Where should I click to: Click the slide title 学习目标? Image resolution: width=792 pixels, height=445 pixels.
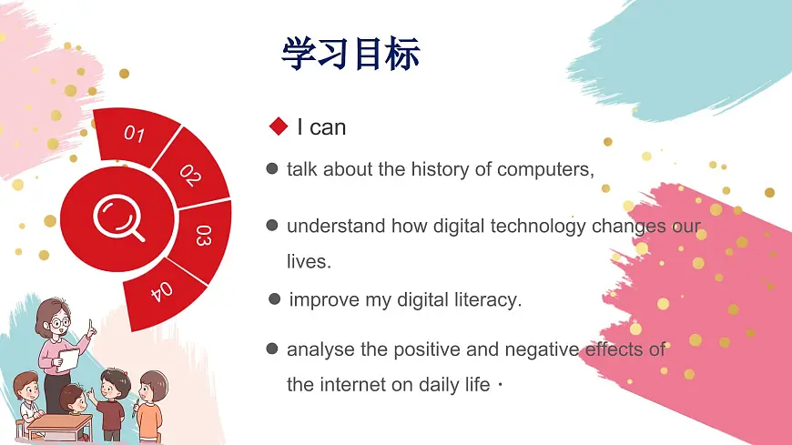coord(350,54)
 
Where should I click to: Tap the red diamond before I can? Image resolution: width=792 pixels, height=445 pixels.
coord(279,126)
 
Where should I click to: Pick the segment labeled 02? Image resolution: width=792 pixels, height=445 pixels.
coord(190,174)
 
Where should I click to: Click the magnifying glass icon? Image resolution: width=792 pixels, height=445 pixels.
coord(119,219)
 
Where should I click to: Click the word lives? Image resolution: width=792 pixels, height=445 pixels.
coord(308,261)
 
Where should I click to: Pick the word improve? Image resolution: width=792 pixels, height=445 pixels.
coord(320,299)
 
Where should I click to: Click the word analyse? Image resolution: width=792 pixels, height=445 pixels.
coord(316,349)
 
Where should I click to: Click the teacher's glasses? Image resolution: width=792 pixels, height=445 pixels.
coord(59,322)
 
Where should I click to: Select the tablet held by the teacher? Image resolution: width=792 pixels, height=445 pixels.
coord(66,360)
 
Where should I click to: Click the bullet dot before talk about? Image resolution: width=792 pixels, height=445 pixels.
coord(271,169)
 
